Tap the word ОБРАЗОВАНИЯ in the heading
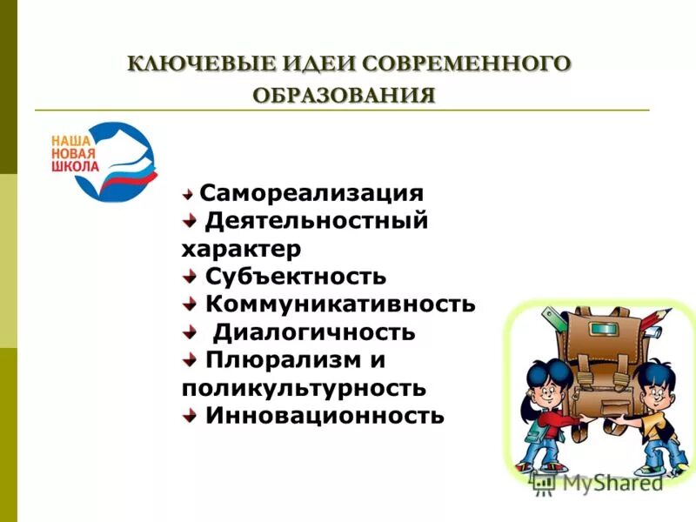click(x=345, y=94)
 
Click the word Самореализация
click(x=311, y=192)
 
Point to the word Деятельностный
click(x=317, y=220)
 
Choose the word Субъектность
click(x=296, y=277)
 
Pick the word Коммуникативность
click(x=340, y=304)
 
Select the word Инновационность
click(x=325, y=415)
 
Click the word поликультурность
click(x=304, y=387)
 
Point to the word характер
click(x=241, y=249)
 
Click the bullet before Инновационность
click(x=189, y=415)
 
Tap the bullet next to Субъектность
click(x=189, y=277)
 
